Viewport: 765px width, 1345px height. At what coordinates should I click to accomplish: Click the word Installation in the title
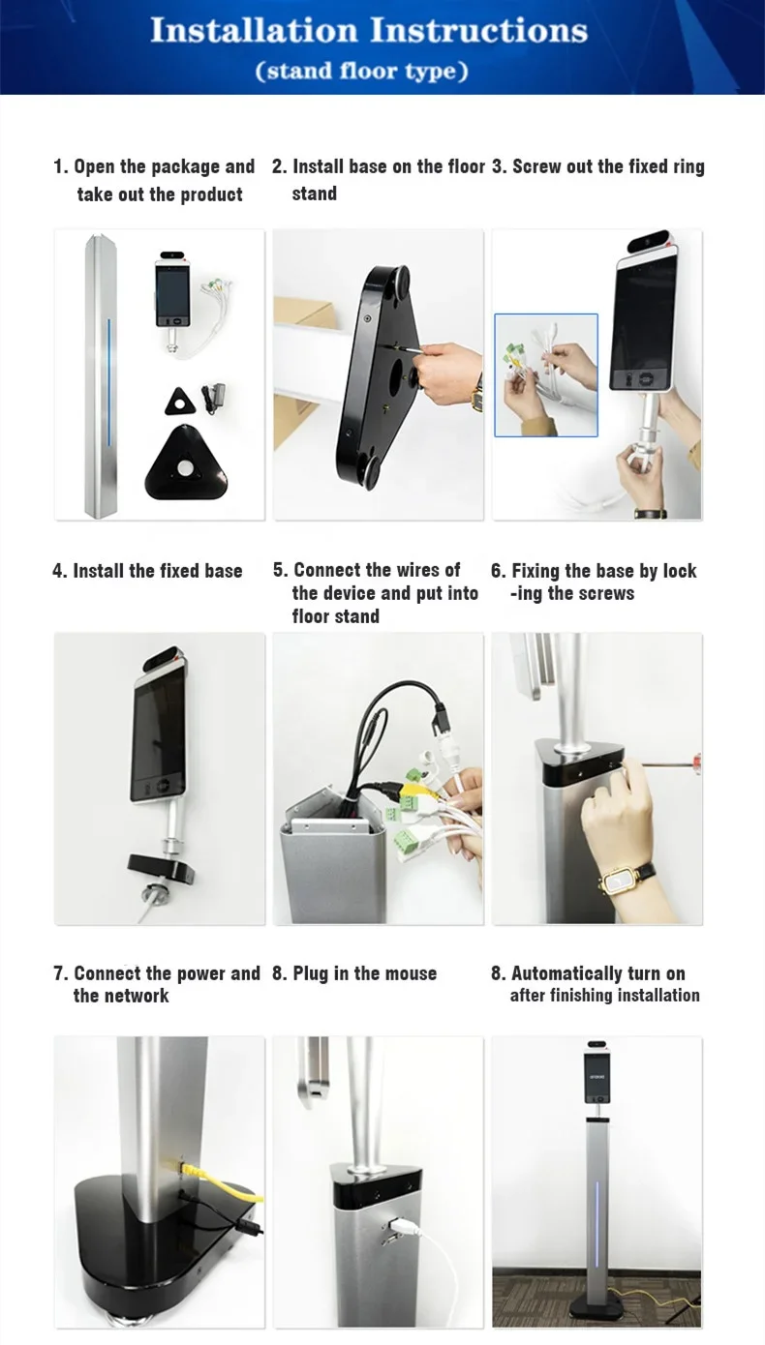[254, 30]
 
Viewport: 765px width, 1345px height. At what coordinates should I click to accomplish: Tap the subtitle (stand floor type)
[362, 72]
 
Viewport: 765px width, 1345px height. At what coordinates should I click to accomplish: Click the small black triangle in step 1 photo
[180, 402]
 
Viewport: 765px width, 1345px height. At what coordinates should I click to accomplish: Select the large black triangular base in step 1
[187, 463]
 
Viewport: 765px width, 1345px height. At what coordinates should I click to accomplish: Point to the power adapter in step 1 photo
[213, 398]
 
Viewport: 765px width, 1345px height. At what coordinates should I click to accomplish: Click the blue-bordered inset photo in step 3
[545, 374]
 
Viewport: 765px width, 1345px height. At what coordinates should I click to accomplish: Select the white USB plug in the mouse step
[400, 1224]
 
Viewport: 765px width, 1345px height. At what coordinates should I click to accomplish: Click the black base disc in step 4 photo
[161, 869]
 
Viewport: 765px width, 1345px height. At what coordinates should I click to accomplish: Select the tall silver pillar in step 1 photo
[101, 375]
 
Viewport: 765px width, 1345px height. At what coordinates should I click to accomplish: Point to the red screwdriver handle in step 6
[697, 763]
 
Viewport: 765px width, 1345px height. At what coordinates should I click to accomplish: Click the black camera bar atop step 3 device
[648, 240]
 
